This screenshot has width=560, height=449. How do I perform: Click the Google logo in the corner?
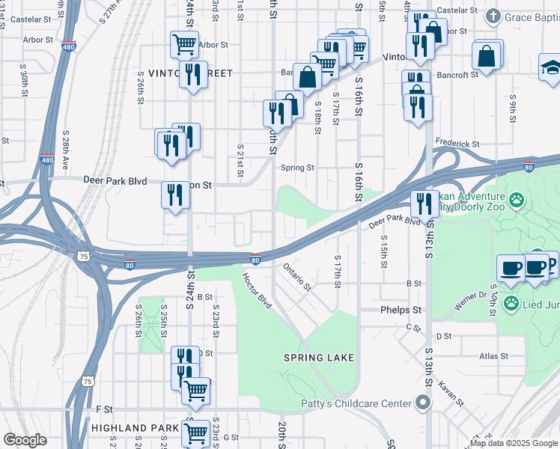click(25, 440)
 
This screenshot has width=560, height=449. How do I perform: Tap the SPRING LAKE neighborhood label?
click(319, 358)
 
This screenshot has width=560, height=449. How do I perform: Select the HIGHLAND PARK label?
click(134, 428)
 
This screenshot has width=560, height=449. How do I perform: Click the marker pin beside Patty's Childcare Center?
click(422, 403)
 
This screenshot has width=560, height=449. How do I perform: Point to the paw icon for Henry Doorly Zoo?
click(516, 200)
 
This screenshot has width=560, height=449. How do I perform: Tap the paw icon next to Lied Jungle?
click(511, 303)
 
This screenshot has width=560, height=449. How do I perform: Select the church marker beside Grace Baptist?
click(493, 16)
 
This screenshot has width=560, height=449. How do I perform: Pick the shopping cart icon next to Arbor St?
click(183, 43)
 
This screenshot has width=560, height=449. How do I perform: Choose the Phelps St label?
click(401, 310)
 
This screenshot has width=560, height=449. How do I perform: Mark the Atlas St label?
click(495, 356)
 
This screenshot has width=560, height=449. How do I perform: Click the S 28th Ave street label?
click(66, 150)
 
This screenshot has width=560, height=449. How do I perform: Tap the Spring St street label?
click(297, 168)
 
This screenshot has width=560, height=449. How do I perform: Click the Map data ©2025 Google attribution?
click(512, 443)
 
